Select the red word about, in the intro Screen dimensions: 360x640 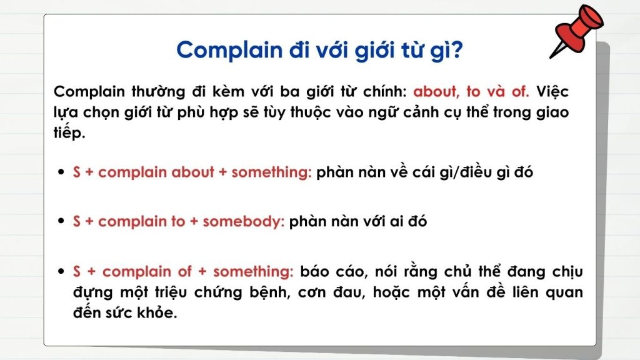(436, 91)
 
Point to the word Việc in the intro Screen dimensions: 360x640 (552, 91)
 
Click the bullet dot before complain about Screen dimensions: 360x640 (61, 173)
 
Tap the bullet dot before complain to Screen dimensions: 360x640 (61, 222)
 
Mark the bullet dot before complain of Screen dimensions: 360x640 (61, 272)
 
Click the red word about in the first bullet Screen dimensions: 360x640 (192, 172)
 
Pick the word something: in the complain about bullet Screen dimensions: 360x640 (271, 172)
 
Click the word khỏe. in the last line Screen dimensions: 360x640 (156, 313)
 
